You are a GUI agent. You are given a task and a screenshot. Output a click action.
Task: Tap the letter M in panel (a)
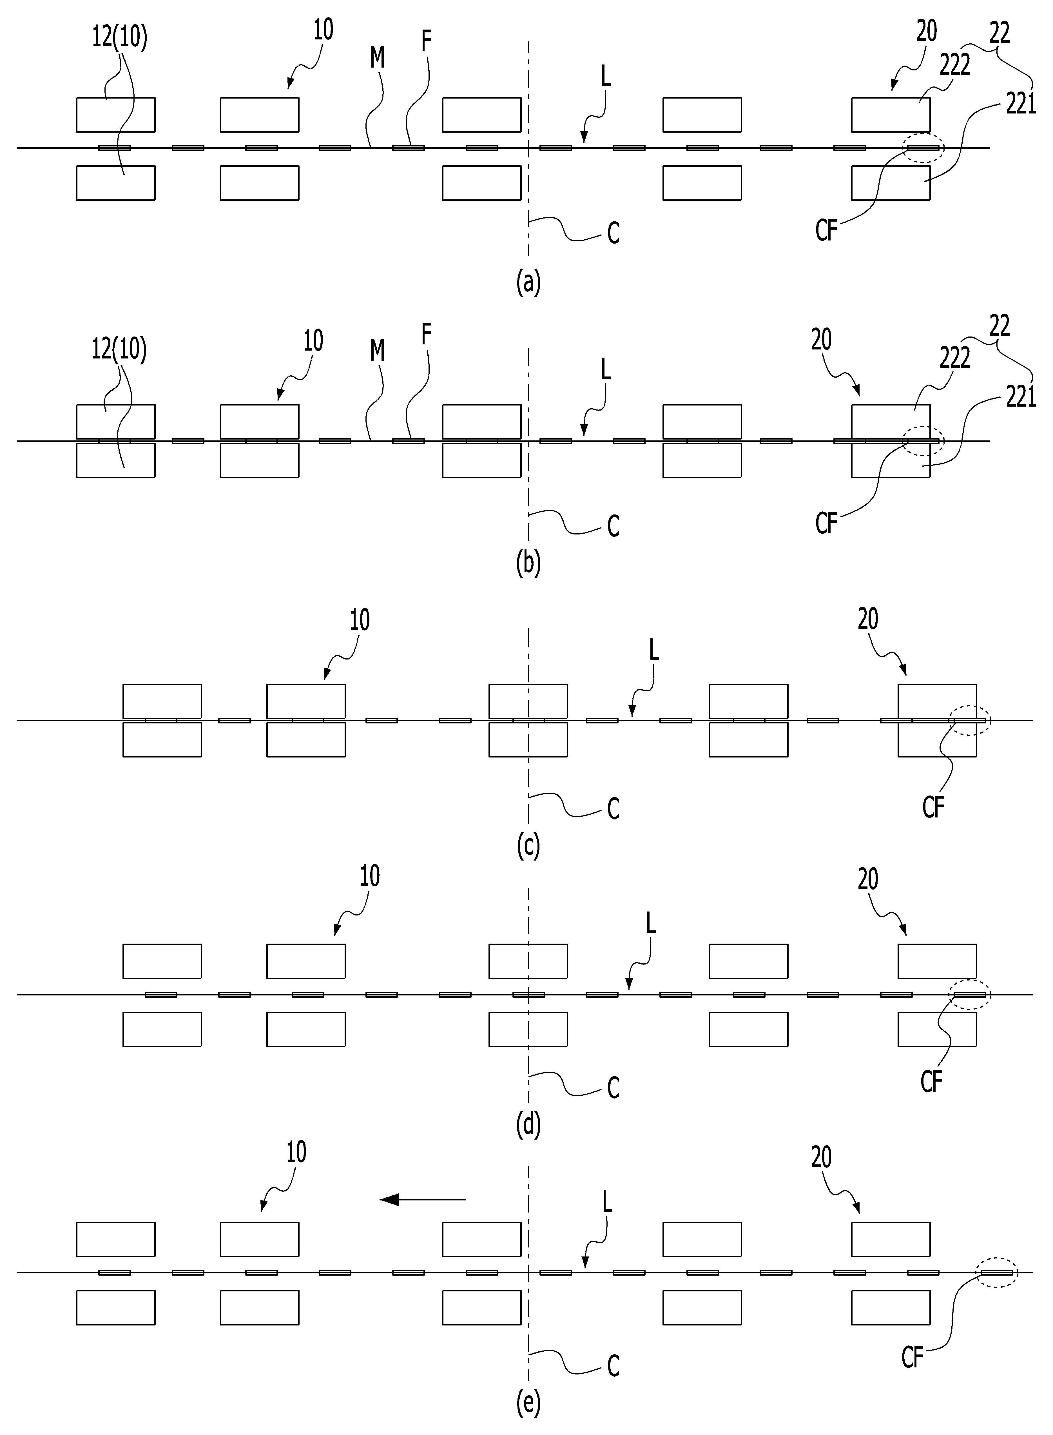click(377, 59)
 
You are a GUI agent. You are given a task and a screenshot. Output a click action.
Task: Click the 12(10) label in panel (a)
click(119, 38)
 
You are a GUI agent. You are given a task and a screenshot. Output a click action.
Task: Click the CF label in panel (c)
click(933, 808)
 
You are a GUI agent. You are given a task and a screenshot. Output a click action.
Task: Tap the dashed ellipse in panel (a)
click(923, 147)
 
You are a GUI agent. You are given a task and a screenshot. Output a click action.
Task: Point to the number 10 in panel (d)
click(370, 877)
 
